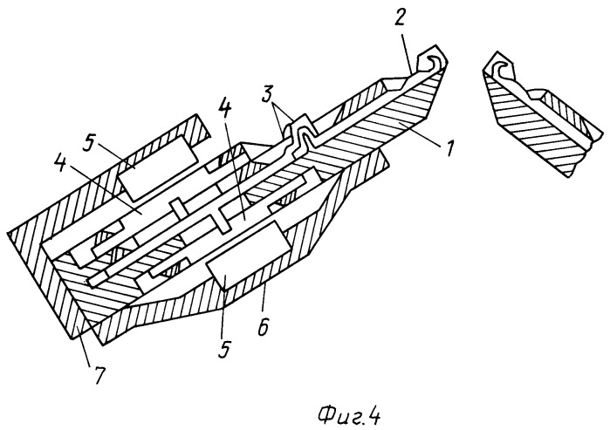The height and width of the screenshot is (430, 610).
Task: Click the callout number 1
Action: click(449, 148)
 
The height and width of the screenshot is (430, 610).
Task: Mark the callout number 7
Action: click(99, 374)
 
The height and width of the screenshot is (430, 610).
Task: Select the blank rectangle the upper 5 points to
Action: click(158, 168)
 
